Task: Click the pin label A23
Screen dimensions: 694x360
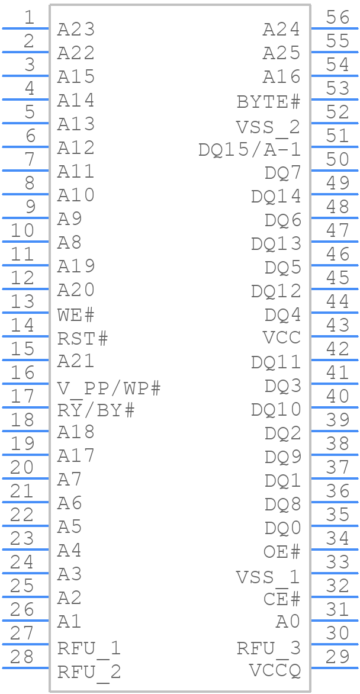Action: [76, 29]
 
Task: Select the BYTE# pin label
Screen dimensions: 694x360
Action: [268, 102]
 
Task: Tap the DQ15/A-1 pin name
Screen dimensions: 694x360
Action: [249, 150]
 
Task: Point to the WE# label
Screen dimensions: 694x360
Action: [76, 314]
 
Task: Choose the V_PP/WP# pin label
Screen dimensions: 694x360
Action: [109, 388]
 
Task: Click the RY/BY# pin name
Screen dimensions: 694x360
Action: [96, 410]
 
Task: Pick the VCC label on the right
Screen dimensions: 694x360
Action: [281, 338]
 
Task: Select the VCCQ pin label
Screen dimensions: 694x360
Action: [274, 671]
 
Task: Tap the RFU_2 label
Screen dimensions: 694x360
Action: [89, 672]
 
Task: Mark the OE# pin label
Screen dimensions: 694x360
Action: [281, 552]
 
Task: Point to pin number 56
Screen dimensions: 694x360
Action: [337, 18]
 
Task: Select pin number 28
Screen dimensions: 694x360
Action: [22, 657]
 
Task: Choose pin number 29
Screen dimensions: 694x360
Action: [337, 657]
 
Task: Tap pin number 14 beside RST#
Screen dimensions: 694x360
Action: [22, 325]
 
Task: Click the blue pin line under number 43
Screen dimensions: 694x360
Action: [335, 336]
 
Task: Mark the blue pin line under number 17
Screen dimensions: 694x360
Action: [25, 407]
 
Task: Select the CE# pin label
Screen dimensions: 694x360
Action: [281, 599]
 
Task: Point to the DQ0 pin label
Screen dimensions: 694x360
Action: [282, 528]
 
